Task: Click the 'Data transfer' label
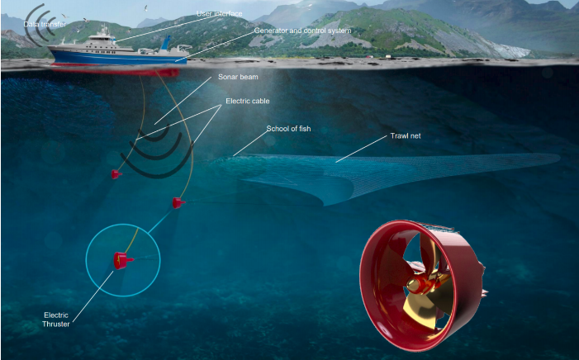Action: pos(45,25)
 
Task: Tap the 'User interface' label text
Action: pos(220,14)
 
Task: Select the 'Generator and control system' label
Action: pos(302,31)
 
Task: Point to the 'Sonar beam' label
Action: pos(238,77)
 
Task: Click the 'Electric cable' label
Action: pos(248,101)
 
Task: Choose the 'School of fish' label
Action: pos(288,129)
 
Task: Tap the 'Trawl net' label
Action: pos(406,136)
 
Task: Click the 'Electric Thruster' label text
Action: pos(56,320)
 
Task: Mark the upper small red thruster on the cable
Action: pos(116,173)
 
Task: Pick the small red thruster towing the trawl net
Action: pos(178,203)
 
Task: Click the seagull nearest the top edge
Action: pos(146,7)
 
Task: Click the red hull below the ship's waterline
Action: pos(117,69)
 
